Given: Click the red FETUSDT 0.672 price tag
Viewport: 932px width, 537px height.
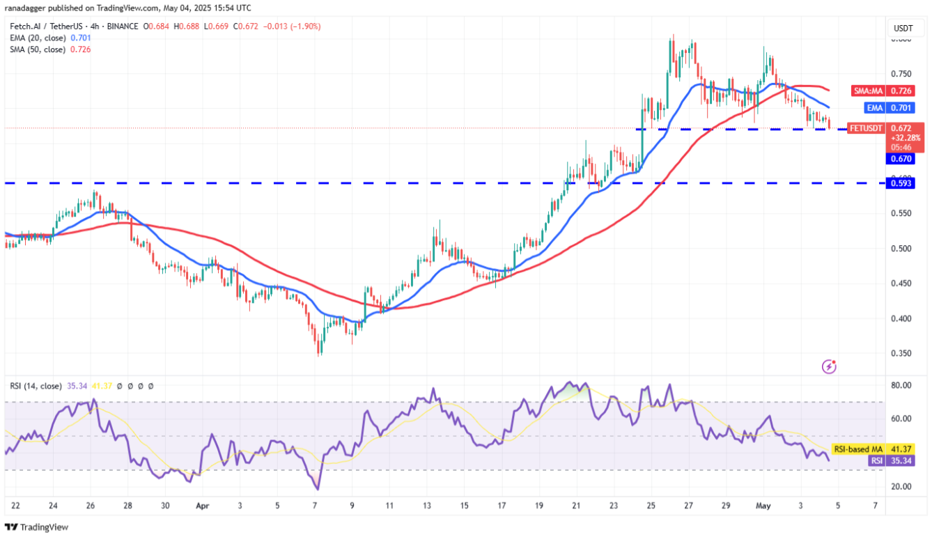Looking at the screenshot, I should tap(885, 128).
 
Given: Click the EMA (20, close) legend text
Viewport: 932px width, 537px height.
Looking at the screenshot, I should tap(38, 38).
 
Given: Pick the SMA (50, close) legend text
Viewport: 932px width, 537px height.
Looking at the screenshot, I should tap(38, 49).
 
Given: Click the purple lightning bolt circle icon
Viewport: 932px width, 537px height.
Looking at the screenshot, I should tap(829, 366).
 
